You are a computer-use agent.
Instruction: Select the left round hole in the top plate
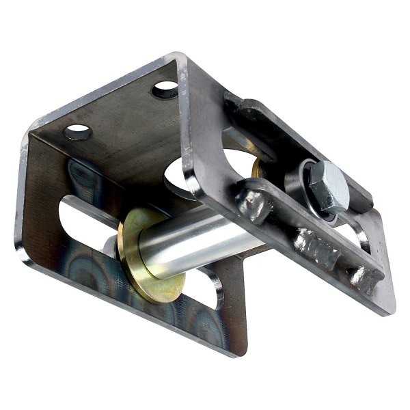(79, 131)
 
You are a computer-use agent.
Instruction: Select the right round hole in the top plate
(165, 90)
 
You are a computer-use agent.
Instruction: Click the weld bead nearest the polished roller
(254, 202)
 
